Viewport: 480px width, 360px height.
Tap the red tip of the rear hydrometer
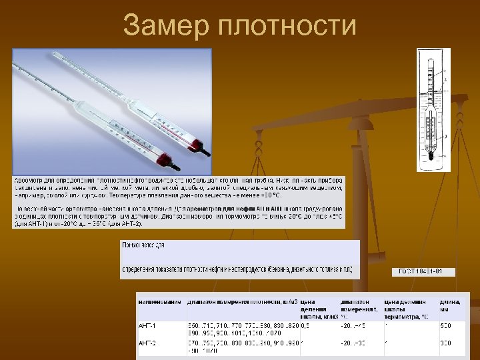[199, 141]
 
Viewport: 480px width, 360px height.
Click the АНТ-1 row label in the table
[147, 325]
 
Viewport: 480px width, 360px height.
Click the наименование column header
[159, 301]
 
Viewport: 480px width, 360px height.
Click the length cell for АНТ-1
[444, 325]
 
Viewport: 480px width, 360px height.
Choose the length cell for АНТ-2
[444, 342]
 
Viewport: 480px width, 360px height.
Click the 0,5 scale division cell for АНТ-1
[305, 325]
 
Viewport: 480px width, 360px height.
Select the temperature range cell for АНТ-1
[353, 325]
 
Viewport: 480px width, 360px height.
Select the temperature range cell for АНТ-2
[353, 342]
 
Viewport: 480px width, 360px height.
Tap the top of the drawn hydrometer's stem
[431, 54]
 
